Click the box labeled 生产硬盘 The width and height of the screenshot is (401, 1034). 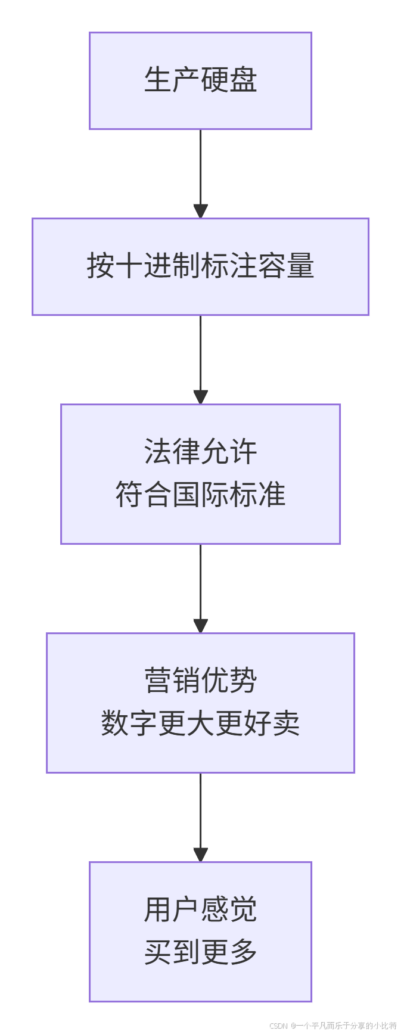pyautogui.click(x=200, y=80)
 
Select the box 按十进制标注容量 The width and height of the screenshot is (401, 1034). pyautogui.click(x=200, y=266)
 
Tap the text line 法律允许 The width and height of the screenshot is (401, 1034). pyautogui.click(x=200, y=452)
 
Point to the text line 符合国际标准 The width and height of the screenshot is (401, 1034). pyautogui.click(x=200, y=495)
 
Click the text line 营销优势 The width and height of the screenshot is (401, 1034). pyautogui.click(x=200, y=681)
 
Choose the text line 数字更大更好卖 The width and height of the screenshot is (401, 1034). pyautogui.click(x=200, y=724)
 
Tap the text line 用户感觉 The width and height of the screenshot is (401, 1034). pyautogui.click(x=200, y=909)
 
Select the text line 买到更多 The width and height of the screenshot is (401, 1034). pyautogui.click(x=200, y=952)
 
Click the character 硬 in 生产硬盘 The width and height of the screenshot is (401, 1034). pyautogui.click(x=215, y=80)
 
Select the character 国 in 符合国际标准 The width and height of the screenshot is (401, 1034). pyautogui.click(x=186, y=495)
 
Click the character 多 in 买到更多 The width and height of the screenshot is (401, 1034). pyautogui.click(x=243, y=952)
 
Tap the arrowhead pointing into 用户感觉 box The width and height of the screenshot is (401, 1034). pyautogui.click(x=200, y=855)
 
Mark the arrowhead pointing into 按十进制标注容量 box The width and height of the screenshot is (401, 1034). pyautogui.click(x=200, y=211)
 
